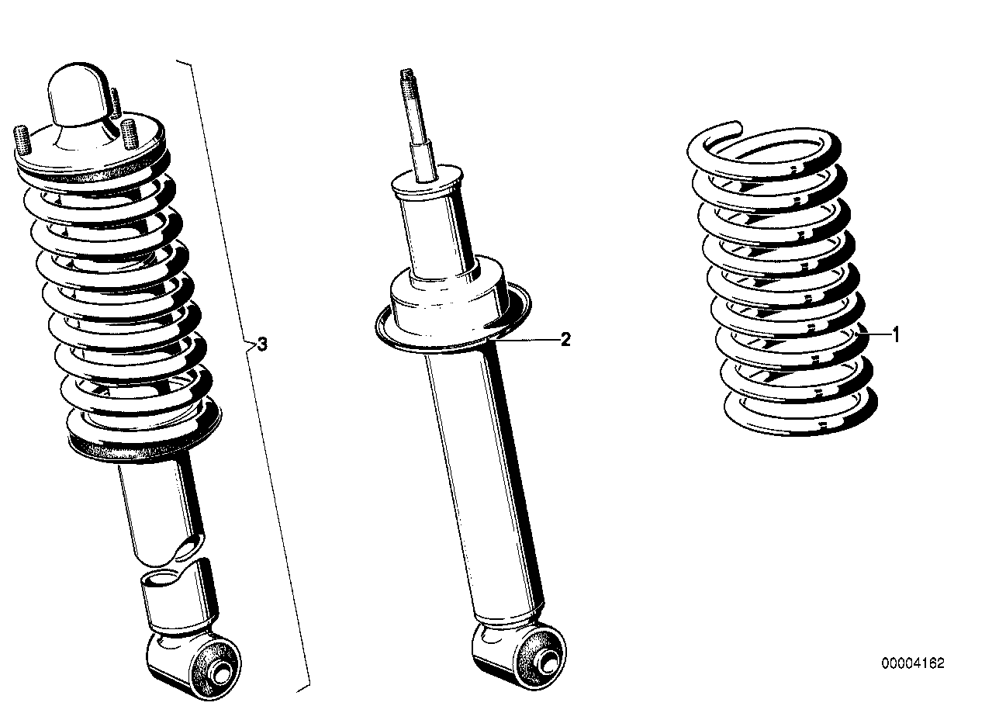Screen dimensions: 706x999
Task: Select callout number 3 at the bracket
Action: pyautogui.click(x=262, y=344)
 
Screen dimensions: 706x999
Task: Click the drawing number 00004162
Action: pyautogui.click(x=912, y=663)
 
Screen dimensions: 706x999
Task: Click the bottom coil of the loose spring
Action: pyautogui.click(x=799, y=419)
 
